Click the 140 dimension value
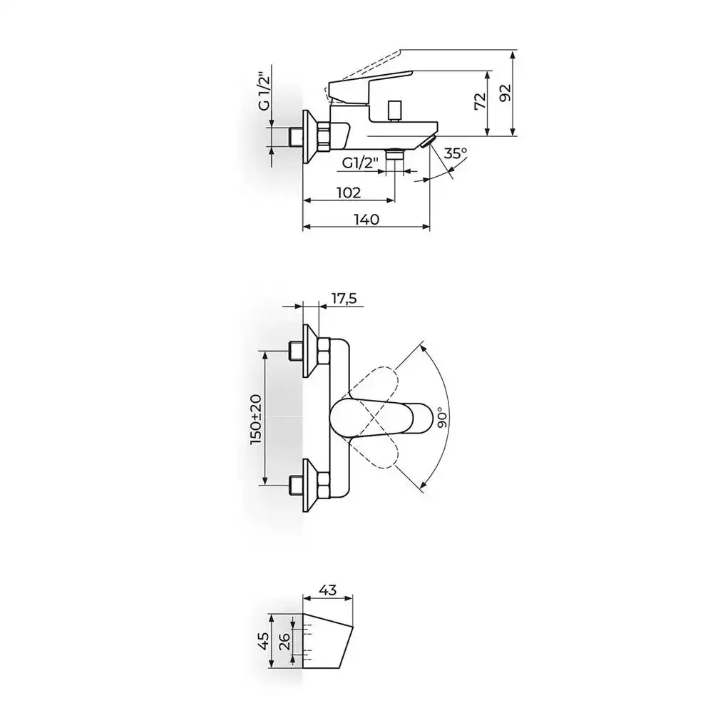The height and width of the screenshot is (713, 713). pos(366,220)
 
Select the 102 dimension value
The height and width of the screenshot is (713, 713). pos(349,193)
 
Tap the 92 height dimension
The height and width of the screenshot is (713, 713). pos(506,93)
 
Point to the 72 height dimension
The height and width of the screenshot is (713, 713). pos(481,101)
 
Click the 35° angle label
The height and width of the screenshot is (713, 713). pos(455,153)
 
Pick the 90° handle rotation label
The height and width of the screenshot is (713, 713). pos(443,418)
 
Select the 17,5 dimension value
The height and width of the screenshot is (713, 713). pos(344,298)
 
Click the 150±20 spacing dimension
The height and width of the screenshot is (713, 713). pos(256,419)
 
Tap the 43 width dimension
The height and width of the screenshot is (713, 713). pos(328,590)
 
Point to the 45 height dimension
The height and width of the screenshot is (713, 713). pos(262,641)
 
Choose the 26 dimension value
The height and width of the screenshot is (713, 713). pos(284,642)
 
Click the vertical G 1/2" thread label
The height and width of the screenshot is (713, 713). pos(264,91)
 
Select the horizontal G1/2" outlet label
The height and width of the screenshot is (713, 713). pos(361,163)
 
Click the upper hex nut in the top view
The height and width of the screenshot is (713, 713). pos(324,352)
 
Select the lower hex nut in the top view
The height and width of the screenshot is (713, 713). pos(324,485)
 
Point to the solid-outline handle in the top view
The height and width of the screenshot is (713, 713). pos(380,417)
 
